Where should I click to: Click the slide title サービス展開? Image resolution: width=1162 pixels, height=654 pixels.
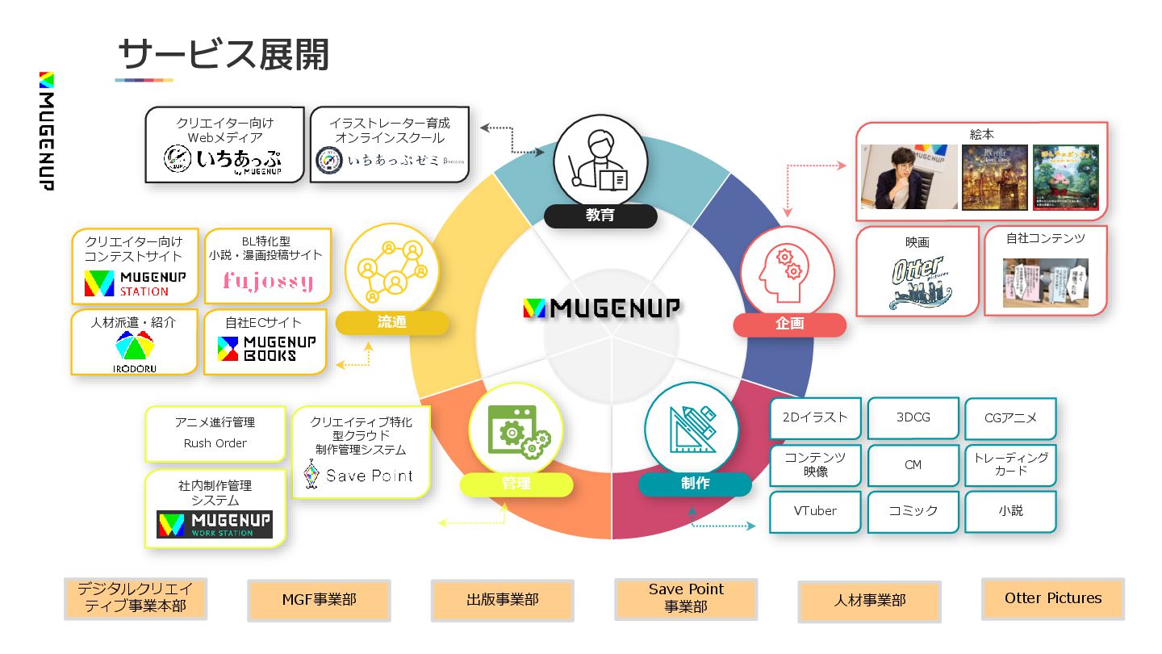[224, 55]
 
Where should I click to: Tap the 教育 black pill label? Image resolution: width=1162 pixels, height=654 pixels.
[600, 216]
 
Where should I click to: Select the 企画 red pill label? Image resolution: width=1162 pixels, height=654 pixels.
[789, 325]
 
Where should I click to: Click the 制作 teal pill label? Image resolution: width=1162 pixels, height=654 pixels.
[695, 484]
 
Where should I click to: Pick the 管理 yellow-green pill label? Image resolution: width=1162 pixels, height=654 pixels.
[516, 484]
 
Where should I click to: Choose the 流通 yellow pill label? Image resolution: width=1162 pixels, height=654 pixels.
[392, 323]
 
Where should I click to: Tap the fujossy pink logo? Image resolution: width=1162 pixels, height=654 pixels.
[268, 282]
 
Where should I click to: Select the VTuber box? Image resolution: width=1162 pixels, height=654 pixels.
[815, 511]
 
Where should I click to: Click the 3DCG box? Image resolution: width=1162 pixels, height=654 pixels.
[913, 417]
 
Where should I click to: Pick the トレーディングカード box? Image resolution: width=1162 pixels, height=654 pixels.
[1010, 463]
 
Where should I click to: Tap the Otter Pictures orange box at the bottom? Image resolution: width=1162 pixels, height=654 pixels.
[1052, 598]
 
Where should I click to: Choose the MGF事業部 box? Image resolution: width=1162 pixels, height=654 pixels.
[319, 600]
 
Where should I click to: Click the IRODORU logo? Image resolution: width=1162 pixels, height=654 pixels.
[135, 353]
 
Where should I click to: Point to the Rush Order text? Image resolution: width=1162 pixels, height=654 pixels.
[215, 443]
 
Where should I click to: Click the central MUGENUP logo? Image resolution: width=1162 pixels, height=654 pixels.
[601, 308]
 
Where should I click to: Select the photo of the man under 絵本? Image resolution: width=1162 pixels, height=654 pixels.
[909, 177]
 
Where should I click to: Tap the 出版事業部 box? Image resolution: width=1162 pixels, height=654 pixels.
[502, 600]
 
